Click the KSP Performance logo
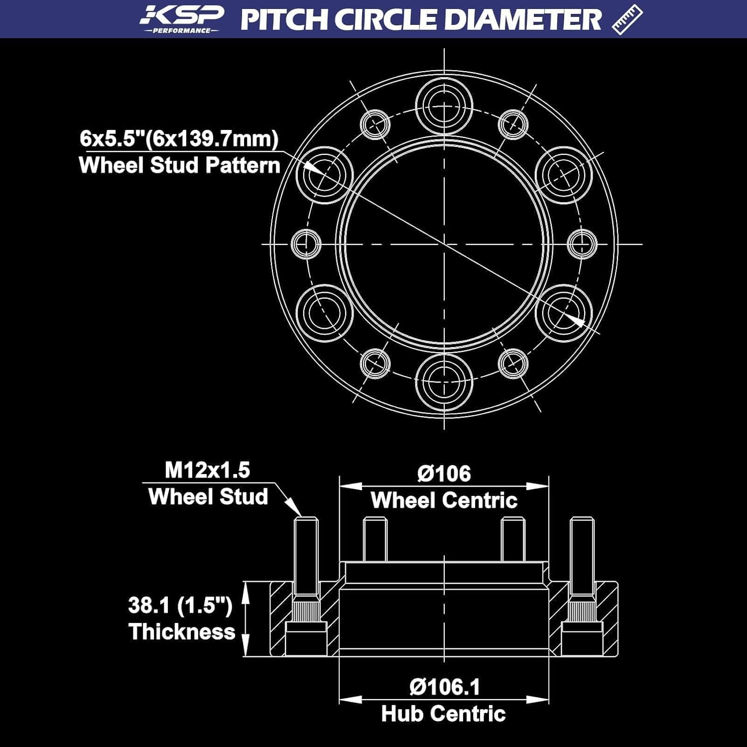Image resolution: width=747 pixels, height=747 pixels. (181, 19)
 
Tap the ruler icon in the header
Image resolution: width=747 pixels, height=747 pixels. (627, 19)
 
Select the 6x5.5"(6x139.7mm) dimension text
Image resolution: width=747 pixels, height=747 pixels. (179, 138)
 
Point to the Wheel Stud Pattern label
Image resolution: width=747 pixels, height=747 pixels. (179, 165)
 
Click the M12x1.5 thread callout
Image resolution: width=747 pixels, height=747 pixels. (207, 470)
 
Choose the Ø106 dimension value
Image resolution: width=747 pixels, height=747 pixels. (444, 473)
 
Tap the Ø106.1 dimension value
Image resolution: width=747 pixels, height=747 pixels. (444, 687)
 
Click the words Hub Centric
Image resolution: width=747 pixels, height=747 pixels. (444, 714)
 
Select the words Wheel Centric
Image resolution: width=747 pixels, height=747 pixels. (444, 500)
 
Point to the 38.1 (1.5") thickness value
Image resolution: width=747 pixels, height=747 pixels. (180, 605)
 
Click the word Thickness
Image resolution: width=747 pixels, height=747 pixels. (182, 631)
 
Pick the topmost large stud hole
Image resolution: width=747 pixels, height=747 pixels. (444, 106)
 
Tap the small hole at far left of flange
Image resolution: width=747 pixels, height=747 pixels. (305, 244)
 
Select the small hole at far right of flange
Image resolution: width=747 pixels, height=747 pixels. (582, 244)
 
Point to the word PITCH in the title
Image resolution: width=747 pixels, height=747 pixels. (284, 19)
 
